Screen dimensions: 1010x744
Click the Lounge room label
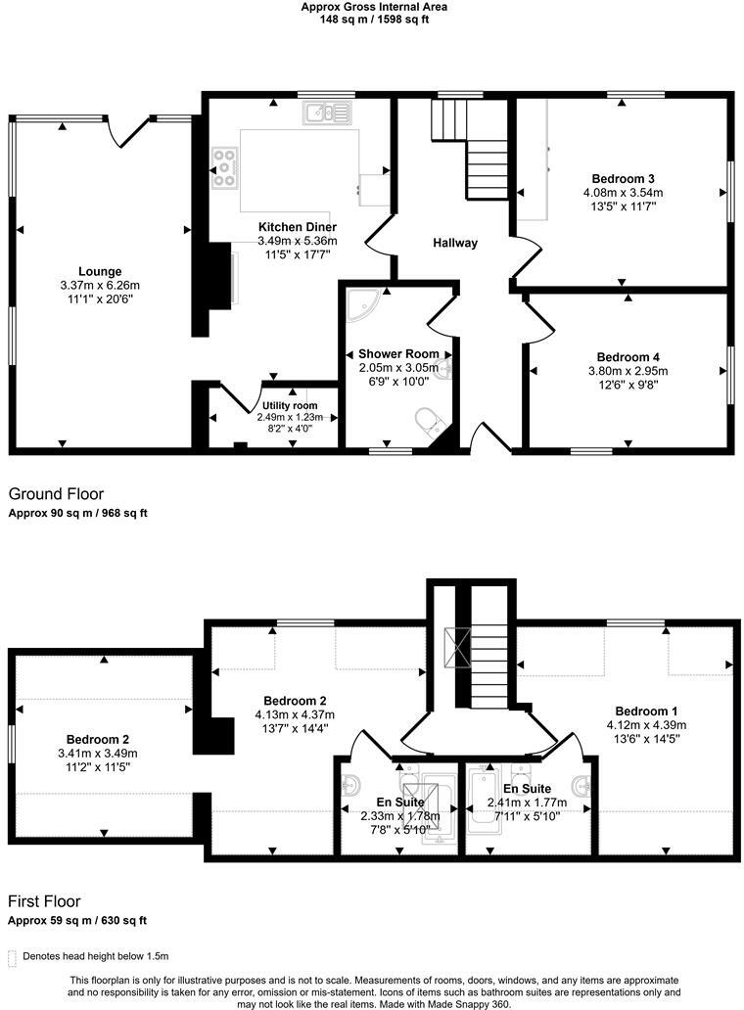(100, 271)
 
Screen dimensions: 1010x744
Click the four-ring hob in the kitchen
(226, 167)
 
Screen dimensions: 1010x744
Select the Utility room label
(290, 405)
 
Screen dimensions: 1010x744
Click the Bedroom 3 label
(623, 178)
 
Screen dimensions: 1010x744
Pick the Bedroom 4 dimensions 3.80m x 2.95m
(628, 371)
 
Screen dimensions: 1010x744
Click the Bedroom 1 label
(646, 711)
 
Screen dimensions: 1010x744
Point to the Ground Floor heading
(56, 494)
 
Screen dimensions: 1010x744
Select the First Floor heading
(44, 901)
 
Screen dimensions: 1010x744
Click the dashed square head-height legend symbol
(13, 956)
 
